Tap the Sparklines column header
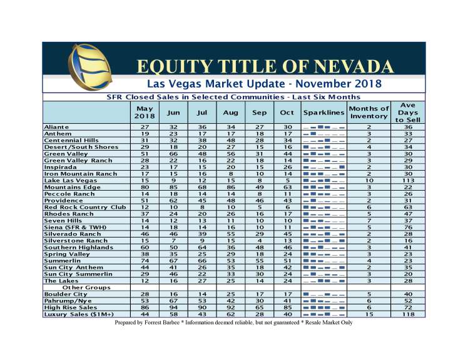point(323,112)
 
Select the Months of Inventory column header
point(369,112)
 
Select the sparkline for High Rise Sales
point(323,307)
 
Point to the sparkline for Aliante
point(323,126)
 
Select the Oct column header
point(287,112)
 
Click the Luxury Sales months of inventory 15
point(369,314)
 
